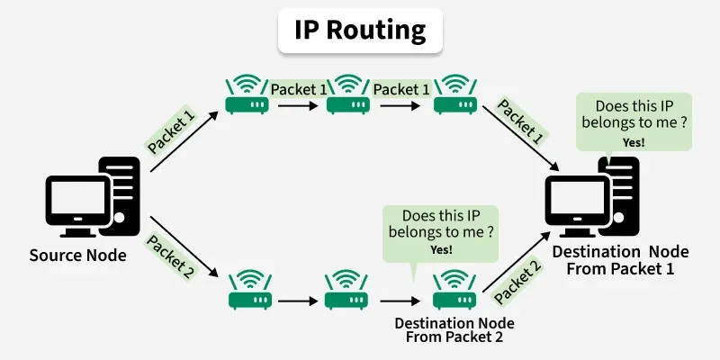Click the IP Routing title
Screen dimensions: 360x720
[x=360, y=30]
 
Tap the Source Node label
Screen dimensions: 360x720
[x=77, y=256]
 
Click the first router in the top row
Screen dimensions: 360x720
[x=247, y=95]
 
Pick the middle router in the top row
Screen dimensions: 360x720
[x=347, y=95]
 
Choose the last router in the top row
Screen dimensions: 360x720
[x=454, y=95]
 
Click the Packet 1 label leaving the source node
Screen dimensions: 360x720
[x=170, y=130]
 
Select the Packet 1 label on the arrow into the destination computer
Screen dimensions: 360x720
[x=520, y=122]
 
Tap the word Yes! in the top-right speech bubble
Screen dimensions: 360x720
[x=634, y=141]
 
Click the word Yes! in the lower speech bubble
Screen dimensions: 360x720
[x=442, y=249]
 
